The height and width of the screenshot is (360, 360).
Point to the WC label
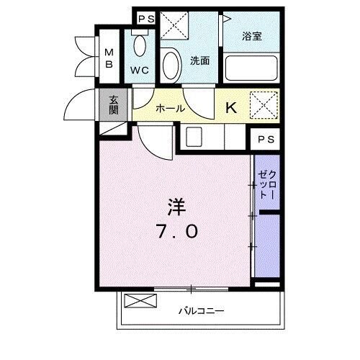[139, 71]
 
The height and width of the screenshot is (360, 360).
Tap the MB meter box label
[109, 56]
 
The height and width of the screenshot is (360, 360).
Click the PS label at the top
[146, 19]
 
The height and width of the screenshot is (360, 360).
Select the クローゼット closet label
[266, 183]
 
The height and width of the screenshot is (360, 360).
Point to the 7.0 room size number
[177, 232]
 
